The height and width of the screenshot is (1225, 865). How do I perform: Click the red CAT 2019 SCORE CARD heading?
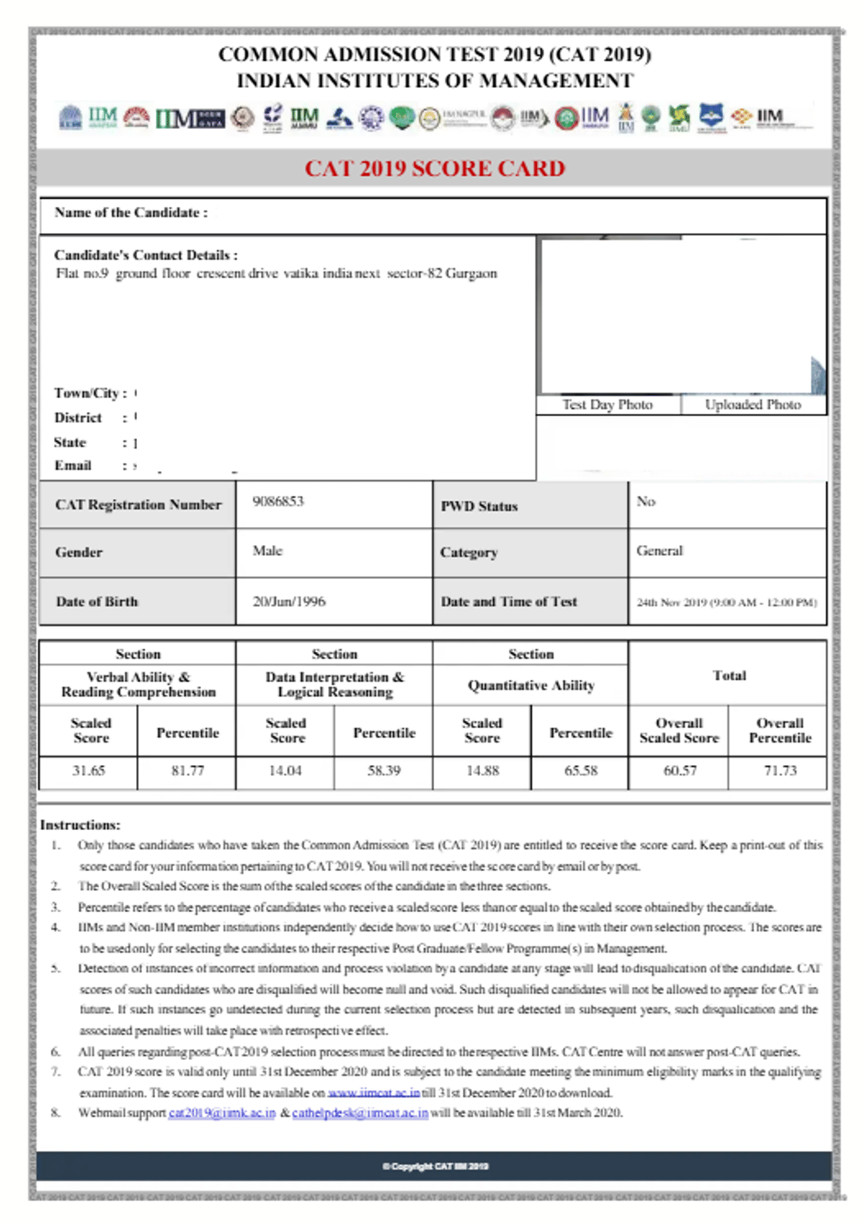click(x=435, y=168)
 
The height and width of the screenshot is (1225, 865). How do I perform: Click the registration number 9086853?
click(x=278, y=501)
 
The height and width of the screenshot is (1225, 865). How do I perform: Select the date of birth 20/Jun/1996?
click(x=289, y=601)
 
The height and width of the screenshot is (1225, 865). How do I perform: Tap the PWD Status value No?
click(x=646, y=501)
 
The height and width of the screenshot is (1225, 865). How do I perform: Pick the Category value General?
click(x=660, y=551)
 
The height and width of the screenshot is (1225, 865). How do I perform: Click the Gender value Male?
click(x=267, y=551)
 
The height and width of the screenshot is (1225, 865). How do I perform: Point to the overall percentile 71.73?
click(x=780, y=771)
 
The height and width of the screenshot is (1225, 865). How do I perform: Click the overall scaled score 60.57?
click(x=680, y=771)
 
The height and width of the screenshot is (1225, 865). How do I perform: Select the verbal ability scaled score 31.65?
click(x=89, y=771)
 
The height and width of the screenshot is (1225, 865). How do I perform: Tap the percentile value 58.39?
click(x=383, y=771)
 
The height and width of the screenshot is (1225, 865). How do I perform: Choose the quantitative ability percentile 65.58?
click(x=581, y=771)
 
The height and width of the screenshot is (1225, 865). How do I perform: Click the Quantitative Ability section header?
click(x=531, y=686)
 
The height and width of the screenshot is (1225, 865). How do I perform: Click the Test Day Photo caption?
click(x=608, y=405)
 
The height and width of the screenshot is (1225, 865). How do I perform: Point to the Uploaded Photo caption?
click(x=753, y=405)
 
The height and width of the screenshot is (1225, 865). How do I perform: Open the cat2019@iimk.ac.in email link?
click(x=222, y=1113)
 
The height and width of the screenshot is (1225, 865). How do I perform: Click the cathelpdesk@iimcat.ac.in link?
click(x=360, y=1113)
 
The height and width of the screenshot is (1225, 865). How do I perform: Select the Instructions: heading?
click(x=80, y=825)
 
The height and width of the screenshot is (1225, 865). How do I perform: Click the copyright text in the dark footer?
click(x=435, y=1167)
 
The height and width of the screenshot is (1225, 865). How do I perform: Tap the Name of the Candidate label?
click(x=130, y=213)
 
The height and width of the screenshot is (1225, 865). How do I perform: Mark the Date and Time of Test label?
click(x=509, y=602)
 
